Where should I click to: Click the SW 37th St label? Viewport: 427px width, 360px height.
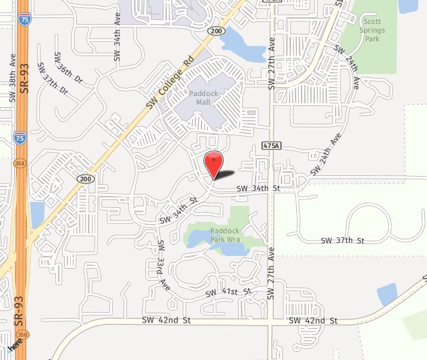[x=342, y=241]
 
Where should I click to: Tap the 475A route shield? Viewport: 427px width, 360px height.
[x=271, y=145]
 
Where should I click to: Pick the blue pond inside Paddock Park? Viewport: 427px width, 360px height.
[x=229, y=249]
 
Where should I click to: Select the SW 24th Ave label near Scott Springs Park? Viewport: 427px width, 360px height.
[x=348, y=67]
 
